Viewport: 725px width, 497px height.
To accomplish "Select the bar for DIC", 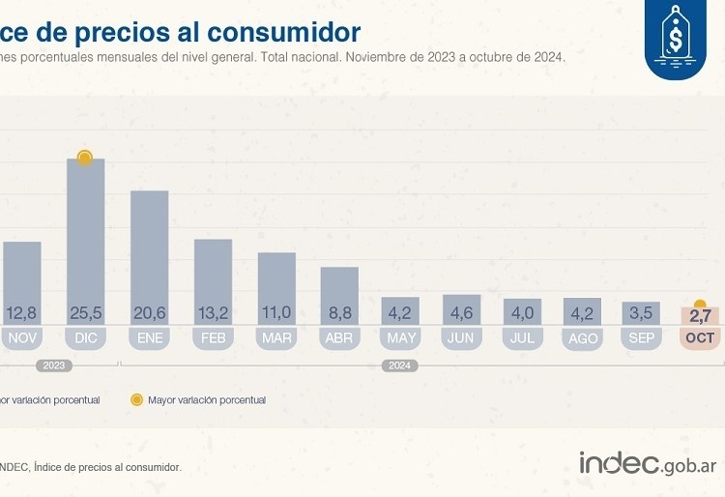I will click(x=85, y=241).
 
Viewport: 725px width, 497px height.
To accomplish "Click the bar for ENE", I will click(x=149, y=257).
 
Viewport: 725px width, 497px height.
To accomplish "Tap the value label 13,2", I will click(x=213, y=312).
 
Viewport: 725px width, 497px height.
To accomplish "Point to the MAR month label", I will click(x=276, y=338).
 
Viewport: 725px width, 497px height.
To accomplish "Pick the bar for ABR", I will click(x=339, y=295).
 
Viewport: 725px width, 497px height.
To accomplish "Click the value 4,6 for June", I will click(x=461, y=312).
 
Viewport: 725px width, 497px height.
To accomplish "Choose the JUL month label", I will click(x=522, y=338).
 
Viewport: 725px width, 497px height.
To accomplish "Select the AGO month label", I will click(x=583, y=338).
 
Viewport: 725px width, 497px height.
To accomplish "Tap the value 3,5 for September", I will click(x=641, y=312).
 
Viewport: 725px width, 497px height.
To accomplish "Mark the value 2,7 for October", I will click(x=700, y=314).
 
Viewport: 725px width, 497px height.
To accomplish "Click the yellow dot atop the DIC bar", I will click(x=85, y=157).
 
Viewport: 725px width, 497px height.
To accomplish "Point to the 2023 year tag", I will click(x=54, y=365).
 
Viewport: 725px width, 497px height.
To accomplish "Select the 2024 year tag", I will click(x=397, y=365).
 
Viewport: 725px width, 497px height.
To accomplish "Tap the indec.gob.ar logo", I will click(x=648, y=465).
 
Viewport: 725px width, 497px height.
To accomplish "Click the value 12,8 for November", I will click(x=21, y=312).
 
